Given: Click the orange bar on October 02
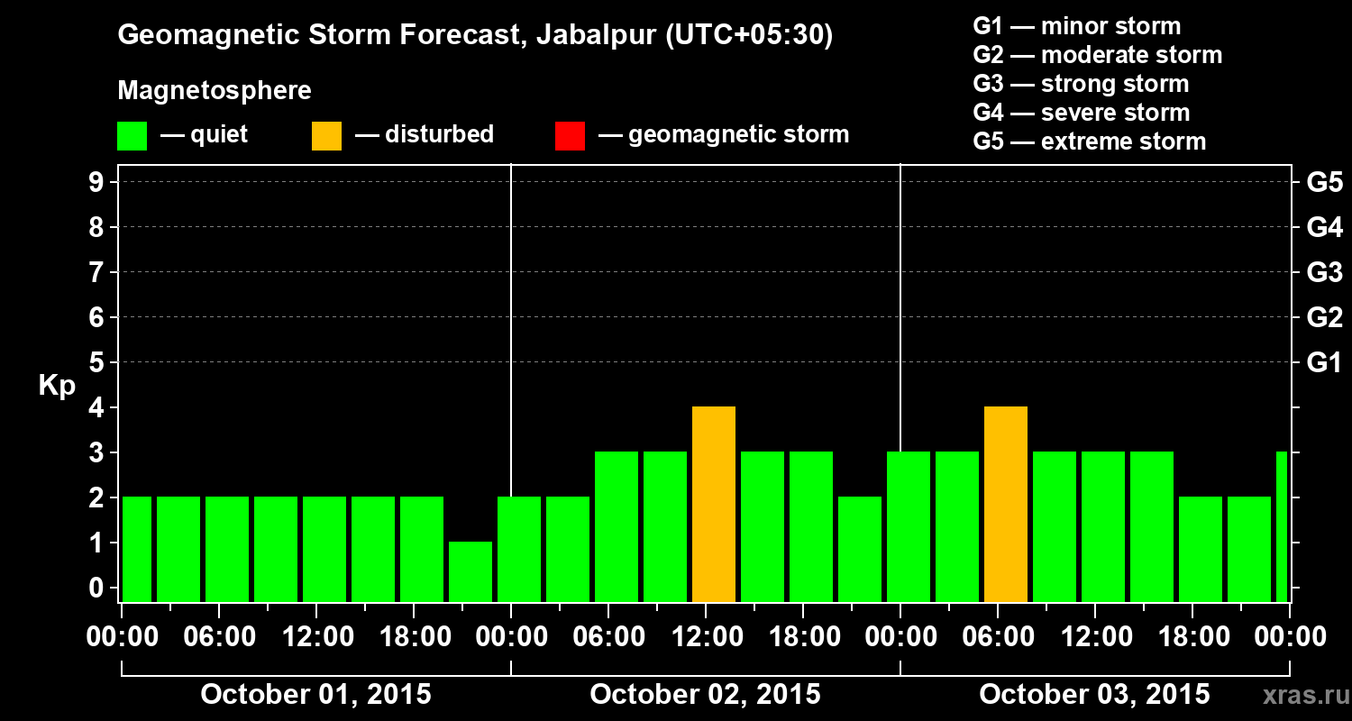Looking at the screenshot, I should click(714, 504).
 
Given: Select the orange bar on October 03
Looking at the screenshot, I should click(1006, 504).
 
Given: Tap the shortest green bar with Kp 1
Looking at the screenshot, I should click(470, 571).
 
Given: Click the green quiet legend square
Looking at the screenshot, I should click(132, 136).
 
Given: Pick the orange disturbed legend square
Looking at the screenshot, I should click(326, 136).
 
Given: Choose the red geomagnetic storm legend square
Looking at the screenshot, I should click(570, 136).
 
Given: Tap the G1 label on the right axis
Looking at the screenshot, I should click(1324, 363).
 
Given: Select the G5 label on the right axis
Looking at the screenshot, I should click(1324, 183).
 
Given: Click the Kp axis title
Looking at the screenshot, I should click(56, 386).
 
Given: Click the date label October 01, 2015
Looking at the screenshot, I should click(315, 695).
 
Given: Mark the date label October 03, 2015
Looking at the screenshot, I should click(1094, 695).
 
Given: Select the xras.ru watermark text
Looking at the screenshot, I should click(1300, 695).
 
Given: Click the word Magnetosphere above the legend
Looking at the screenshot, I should click(215, 91).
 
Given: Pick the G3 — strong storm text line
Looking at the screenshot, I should click(1081, 84).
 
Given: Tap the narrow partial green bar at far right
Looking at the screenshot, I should click(1282, 526).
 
